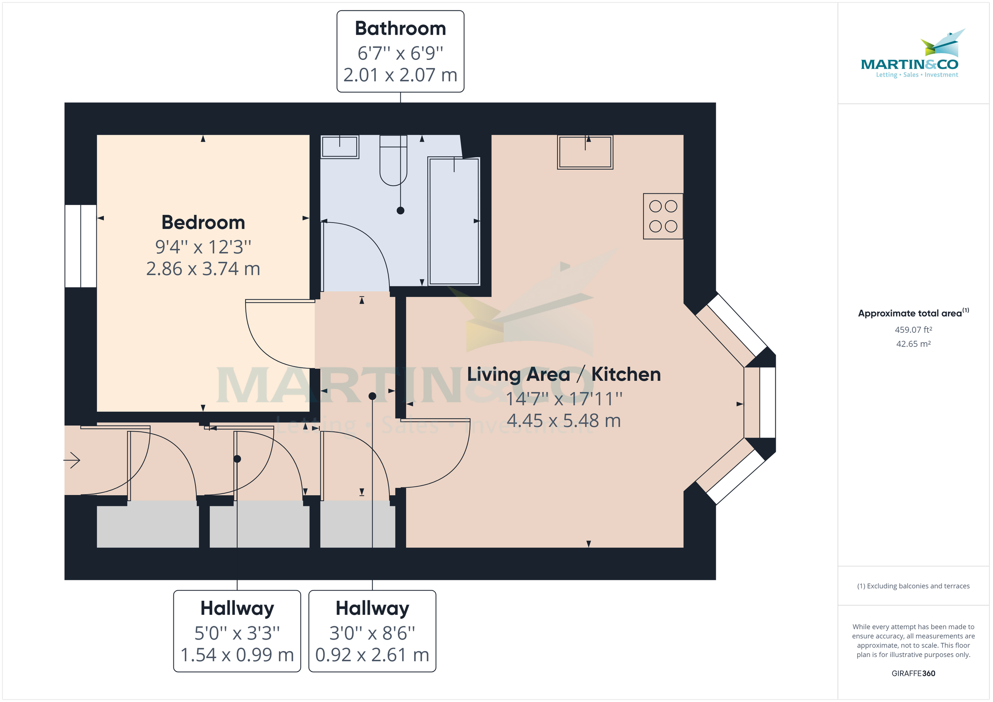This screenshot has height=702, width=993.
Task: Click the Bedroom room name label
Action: (x=203, y=222)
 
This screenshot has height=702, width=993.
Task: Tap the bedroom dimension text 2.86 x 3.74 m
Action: (x=203, y=269)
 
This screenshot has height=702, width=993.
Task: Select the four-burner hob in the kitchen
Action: (x=662, y=216)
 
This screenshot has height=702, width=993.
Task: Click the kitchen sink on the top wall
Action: (x=585, y=152)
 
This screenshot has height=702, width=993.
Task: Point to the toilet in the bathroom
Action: (x=393, y=160)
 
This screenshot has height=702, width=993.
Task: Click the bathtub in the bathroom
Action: (x=454, y=221)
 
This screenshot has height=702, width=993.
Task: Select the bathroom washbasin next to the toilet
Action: (x=340, y=146)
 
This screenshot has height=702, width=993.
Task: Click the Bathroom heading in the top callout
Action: (x=400, y=29)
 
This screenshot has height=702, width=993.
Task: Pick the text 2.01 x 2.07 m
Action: (x=400, y=75)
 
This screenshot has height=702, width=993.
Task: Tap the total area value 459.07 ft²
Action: (x=913, y=330)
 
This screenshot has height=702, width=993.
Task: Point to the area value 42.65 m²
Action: (x=913, y=344)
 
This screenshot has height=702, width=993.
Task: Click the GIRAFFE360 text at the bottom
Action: (x=913, y=673)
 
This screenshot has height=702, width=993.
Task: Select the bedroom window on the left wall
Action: (x=80, y=246)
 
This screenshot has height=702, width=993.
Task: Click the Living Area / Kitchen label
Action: (x=564, y=374)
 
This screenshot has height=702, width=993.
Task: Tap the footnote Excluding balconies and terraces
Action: (x=913, y=586)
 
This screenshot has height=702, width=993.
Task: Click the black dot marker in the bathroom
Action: (x=401, y=210)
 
